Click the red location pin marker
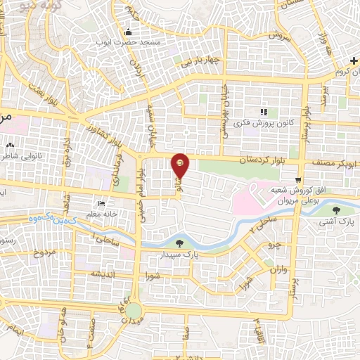click(181, 164)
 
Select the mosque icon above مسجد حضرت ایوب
click(128, 32)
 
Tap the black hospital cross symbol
click(354, 62)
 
